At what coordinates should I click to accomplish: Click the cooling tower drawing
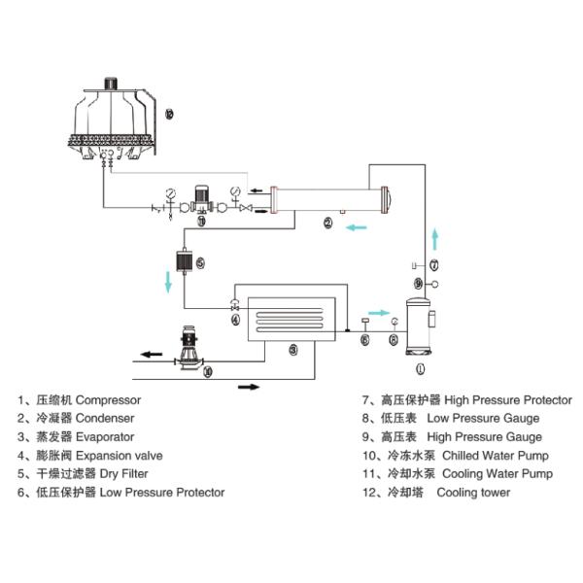(x=112, y=122)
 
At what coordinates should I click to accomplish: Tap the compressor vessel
(x=419, y=326)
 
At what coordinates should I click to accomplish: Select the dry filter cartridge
(x=185, y=261)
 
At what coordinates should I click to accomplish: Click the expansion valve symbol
(x=234, y=304)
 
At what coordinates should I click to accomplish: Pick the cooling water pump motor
(x=202, y=193)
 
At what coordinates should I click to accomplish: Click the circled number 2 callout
(x=328, y=223)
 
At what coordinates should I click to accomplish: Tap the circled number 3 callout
(x=293, y=350)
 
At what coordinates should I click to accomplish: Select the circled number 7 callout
(x=434, y=265)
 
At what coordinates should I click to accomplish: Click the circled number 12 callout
(x=169, y=114)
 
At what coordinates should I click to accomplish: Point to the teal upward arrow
(x=435, y=240)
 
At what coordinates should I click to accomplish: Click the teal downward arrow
(x=168, y=282)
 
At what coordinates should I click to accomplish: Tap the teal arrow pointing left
(x=357, y=227)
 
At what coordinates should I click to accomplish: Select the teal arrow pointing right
(x=379, y=313)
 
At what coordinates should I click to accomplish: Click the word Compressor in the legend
(x=108, y=400)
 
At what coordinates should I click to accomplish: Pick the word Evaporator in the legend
(x=105, y=437)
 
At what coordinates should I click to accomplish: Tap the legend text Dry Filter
(x=123, y=474)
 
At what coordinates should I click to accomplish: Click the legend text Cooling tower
(x=473, y=493)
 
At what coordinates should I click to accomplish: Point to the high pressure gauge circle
(x=434, y=285)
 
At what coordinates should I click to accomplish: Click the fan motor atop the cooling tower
(x=111, y=83)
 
